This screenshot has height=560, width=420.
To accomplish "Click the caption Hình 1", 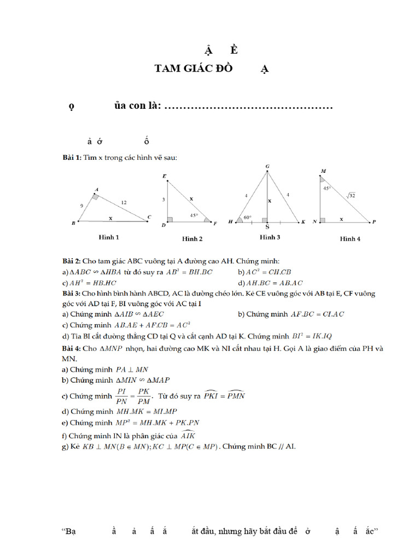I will pyautogui.click(x=109, y=237).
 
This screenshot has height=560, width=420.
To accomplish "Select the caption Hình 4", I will pyautogui.click(x=350, y=238).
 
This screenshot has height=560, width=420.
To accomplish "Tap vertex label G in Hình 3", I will pyautogui.click(x=267, y=166).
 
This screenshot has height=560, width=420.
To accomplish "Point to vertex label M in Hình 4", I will pyautogui.click(x=323, y=171).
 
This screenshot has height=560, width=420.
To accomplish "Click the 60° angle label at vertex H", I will pyautogui.click(x=248, y=217).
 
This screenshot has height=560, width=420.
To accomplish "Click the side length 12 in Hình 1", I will pyautogui.click(x=124, y=203).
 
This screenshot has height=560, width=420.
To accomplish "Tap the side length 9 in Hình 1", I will pyautogui.click(x=81, y=206).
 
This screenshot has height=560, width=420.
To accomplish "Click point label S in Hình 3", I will pyautogui.click(x=267, y=226).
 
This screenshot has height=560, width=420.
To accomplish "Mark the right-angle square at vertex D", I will pyautogui.click(x=170, y=219).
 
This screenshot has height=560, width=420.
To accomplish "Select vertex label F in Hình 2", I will pyautogui.click(x=215, y=223).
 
